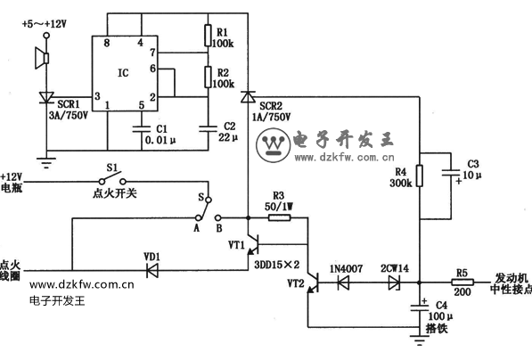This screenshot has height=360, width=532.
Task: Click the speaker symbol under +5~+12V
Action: [42, 58]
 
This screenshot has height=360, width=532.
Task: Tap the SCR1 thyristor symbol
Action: [45, 97]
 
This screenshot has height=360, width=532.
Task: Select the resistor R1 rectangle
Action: [208, 36]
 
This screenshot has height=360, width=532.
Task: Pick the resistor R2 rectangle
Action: [208, 77]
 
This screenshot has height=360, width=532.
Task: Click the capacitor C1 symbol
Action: [142, 129]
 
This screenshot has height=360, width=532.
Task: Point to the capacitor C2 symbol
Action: [208, 128]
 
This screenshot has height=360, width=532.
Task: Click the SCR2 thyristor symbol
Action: [248, 97]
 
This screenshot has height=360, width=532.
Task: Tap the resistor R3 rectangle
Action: [280, 217]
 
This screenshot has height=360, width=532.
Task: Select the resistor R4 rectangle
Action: [420, 176]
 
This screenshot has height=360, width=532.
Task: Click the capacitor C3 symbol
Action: [451, 173]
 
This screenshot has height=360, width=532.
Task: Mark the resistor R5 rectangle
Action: [462, 282]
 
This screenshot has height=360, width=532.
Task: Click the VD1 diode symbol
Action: [152, 270]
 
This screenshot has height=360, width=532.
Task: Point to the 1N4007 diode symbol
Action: [343, 282]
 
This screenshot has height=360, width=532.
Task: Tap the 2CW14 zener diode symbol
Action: [394, 282]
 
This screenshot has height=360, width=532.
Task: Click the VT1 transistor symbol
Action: [254, 243]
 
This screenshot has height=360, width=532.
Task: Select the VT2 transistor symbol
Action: [314, 282]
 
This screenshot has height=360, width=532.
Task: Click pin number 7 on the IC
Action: [152, 53]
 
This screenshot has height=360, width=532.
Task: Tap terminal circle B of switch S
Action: [218, 217]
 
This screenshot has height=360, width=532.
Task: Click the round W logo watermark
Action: [273, 145]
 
